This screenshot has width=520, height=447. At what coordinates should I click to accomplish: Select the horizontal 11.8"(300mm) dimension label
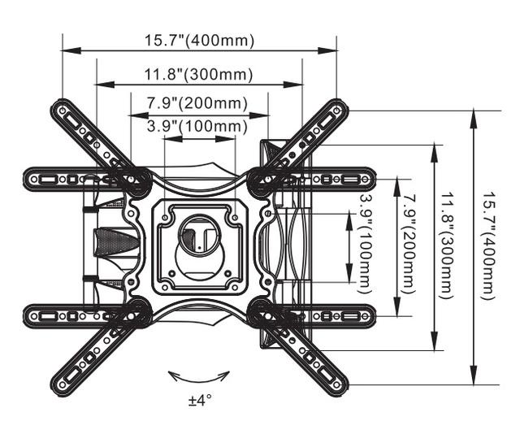tap(199, 75)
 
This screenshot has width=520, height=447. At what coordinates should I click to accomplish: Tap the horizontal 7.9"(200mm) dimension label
tap(199, 104)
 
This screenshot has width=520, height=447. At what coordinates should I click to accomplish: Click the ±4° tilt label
tap(199, 401)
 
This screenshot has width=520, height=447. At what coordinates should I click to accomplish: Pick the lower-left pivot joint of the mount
tap(135, 311)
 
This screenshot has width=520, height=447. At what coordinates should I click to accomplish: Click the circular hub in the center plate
tap(199, 237)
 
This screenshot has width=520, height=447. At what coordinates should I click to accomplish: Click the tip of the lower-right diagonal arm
tap(336, 383)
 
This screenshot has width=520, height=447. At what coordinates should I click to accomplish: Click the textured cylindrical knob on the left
tap(112, 245)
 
